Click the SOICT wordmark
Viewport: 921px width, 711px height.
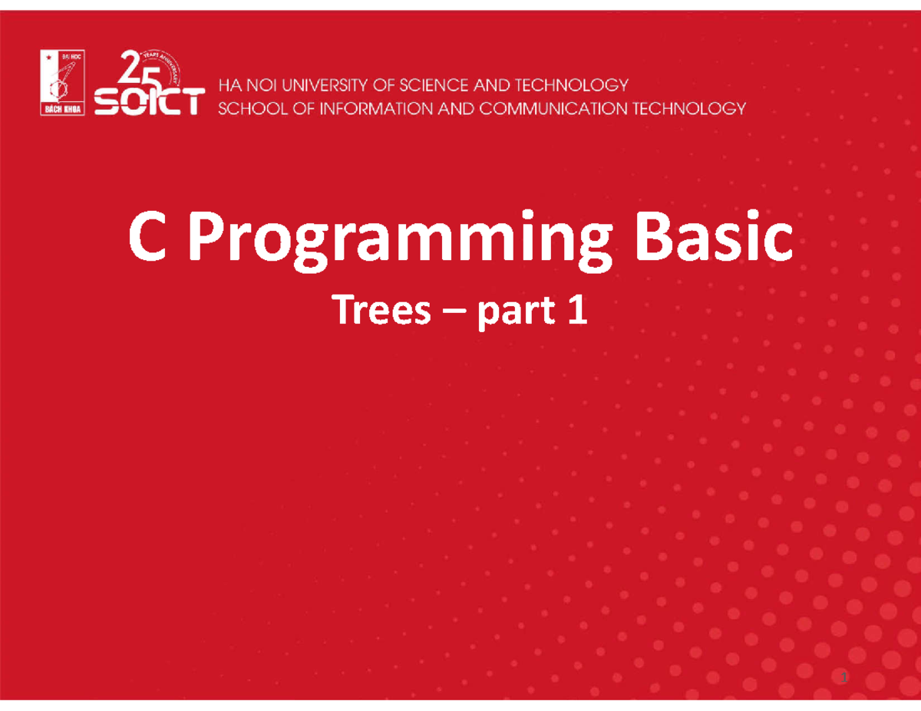tap(150, 101)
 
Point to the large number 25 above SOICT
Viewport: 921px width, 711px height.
tap(135, 67)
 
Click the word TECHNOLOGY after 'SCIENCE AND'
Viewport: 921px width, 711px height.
tap(573, 84)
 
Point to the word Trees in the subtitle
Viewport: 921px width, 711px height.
tap(380, 312)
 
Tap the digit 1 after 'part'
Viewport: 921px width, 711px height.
tap(576, 311)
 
